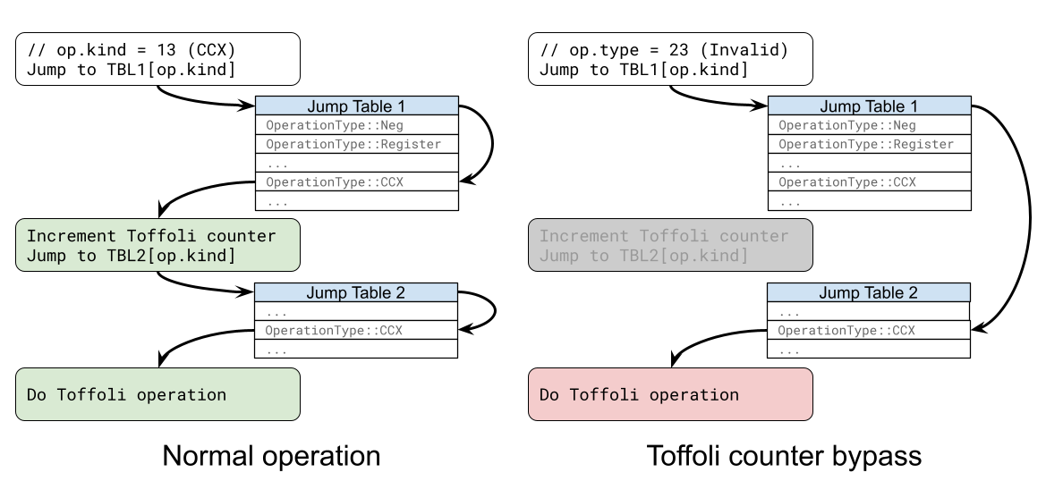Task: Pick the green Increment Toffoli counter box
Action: pyautogui.click(x=157, y=246)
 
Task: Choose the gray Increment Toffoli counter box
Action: pyautogui.click(x=670, y=246)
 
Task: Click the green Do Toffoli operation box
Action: pyautogui.click(x=157, y=394)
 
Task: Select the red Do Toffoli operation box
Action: pyautogui.click(x=670, y=394)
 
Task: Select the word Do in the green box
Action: pyautogui.click(x=37, y=394)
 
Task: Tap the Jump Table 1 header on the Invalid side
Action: pyautogui.click(x=869, y=106)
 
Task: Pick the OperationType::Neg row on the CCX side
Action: pyautogui.click(x=357, y=125)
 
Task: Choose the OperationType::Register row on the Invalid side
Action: pyautogui.click(x=869, y=144)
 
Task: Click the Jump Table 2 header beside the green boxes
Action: pyautogui.click(x=356, y=292)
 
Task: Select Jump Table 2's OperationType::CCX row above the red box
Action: pyautogui.click(x=869, y=330)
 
